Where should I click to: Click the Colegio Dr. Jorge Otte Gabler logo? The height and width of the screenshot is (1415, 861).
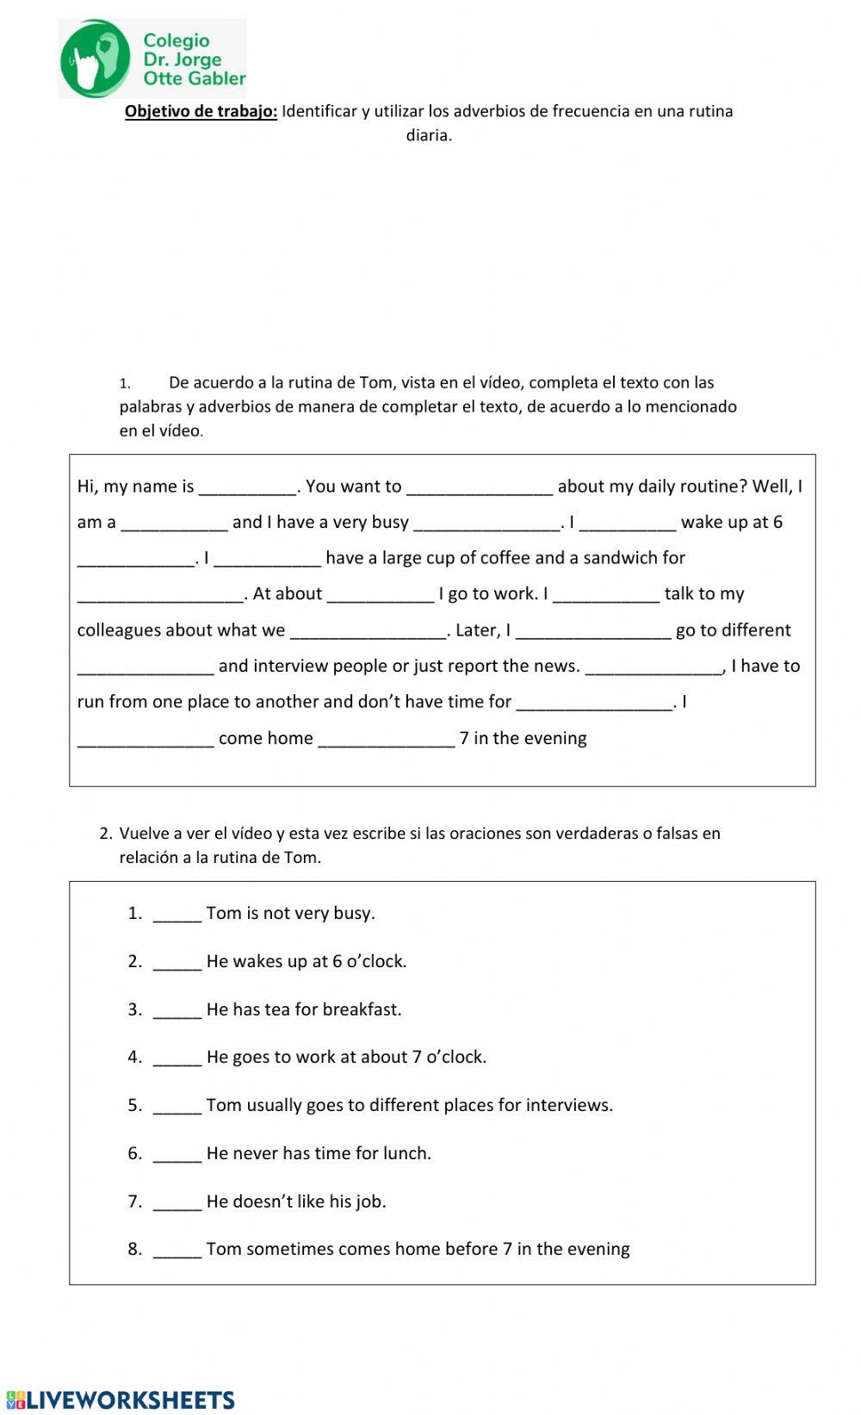pos(152,59)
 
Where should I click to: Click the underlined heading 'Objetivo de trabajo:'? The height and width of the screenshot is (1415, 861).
pos(201,111)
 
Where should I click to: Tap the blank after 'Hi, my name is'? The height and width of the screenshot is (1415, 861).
pos(247,487)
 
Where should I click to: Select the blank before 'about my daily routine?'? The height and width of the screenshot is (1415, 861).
pos(479,487)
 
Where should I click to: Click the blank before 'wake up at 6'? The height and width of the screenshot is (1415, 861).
pos(628,523)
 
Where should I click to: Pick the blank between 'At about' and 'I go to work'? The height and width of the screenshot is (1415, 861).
pos(381,594)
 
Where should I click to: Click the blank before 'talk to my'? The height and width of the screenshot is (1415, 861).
pos(606,594)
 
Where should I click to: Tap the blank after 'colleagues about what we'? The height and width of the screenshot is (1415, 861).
pos(369,630)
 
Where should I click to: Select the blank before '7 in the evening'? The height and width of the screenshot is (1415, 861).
pos(386,739)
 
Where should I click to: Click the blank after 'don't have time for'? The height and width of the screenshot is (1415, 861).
pos(593,703)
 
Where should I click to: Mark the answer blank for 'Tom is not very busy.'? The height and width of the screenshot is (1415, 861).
pos(177,914)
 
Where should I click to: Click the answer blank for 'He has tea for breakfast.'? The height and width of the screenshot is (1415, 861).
pos(177,1010)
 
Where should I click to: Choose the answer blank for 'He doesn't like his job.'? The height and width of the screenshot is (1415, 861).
pos(177,1202)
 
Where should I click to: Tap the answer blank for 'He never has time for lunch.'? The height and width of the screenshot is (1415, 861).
pos(177,1154)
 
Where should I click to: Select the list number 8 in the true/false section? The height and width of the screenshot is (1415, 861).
pos(134,1250)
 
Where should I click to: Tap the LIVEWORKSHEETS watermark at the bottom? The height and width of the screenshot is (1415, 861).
pos(120,1399)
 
